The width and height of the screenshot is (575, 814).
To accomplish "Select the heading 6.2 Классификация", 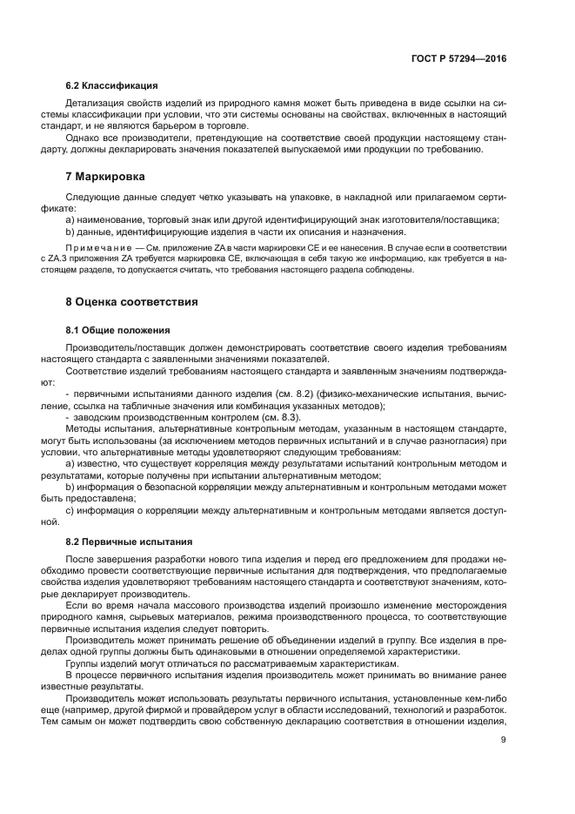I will coord(111,86).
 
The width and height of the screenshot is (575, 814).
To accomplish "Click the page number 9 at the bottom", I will coord(503,741).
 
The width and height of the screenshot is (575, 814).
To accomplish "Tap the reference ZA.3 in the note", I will coord(84,259).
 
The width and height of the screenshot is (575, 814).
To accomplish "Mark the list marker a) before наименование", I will coord(70,219).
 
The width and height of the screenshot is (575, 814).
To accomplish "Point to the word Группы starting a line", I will coord(84,664).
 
